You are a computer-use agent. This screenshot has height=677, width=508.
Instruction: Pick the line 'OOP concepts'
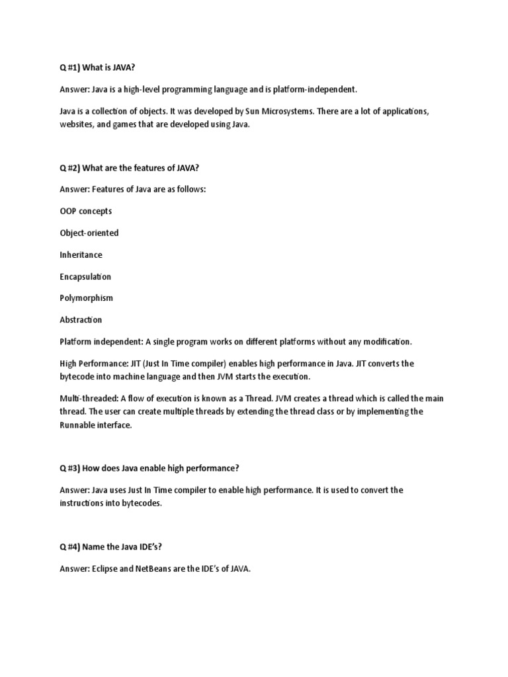click(85, 211)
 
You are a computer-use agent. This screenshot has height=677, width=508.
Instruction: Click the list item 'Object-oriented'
click(89, 233)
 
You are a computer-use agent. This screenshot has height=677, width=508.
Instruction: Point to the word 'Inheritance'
click(81, 255)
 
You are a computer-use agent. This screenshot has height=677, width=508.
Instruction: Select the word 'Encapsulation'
click(85, 276)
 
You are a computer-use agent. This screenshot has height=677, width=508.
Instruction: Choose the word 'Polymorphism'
click(86, 298)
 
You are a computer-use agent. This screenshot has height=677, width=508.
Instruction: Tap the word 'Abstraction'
click(81, 319)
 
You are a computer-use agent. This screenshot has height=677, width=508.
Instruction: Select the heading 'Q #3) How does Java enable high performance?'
click(149, 468)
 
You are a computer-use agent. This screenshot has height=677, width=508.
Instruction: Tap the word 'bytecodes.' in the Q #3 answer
click(140, 503)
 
